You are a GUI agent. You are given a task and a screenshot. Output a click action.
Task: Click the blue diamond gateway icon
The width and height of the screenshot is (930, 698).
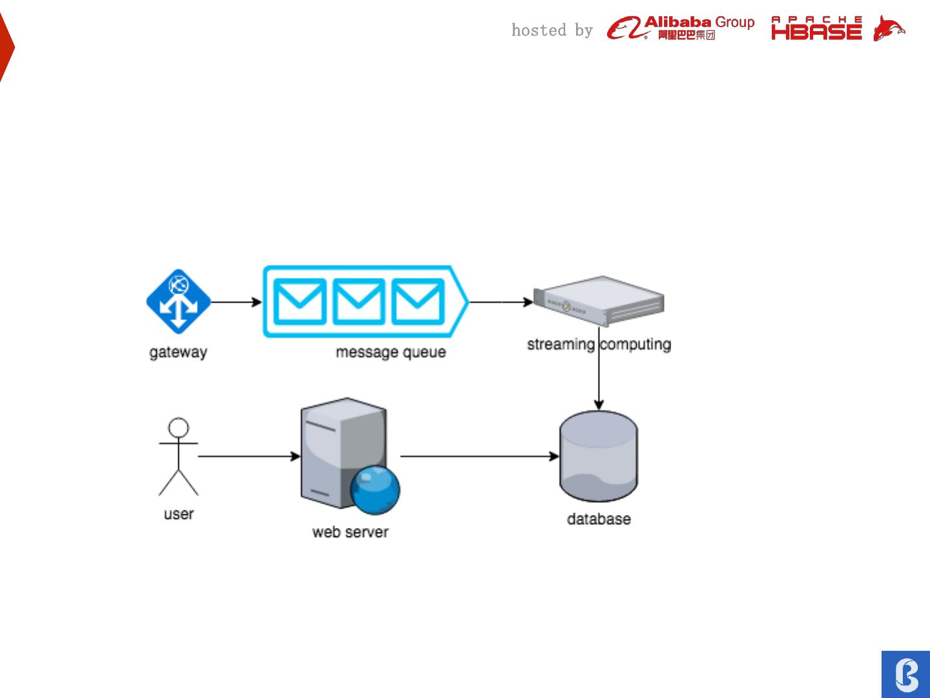pos(178,302)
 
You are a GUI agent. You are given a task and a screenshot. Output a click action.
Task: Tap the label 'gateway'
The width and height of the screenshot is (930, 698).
pos(178,352)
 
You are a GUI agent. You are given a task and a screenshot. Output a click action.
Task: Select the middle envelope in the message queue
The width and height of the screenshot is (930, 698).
pos(358,302)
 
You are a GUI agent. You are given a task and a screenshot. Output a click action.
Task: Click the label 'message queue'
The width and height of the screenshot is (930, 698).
pos(391,352)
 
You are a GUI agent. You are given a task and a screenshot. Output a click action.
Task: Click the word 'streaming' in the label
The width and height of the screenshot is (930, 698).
pos(561,344)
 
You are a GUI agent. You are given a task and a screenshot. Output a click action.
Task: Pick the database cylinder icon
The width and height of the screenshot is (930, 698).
pos(599,456)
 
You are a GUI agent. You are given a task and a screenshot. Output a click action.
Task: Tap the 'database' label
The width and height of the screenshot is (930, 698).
pos(599,519)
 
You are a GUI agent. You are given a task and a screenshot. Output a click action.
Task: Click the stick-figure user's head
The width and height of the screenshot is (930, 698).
pos(179,428)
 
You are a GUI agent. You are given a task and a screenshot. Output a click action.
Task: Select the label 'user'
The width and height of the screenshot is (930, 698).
pos(179,514)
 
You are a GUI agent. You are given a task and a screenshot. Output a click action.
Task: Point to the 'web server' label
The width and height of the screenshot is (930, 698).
pos(350,532)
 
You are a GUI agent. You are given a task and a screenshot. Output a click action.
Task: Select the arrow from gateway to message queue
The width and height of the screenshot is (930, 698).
pos(236,302)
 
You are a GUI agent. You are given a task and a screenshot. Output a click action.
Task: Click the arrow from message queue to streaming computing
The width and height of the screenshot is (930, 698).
pos(501,302)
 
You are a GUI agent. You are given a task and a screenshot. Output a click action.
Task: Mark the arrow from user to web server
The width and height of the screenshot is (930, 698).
pos(249,456)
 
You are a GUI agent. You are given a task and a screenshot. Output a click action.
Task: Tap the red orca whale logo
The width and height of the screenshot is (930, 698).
pos(889,29)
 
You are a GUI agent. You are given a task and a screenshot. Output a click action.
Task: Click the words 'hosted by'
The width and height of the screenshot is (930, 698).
pos(552,30)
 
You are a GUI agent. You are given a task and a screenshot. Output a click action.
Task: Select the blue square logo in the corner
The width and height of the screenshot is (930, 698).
pos(906,674)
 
